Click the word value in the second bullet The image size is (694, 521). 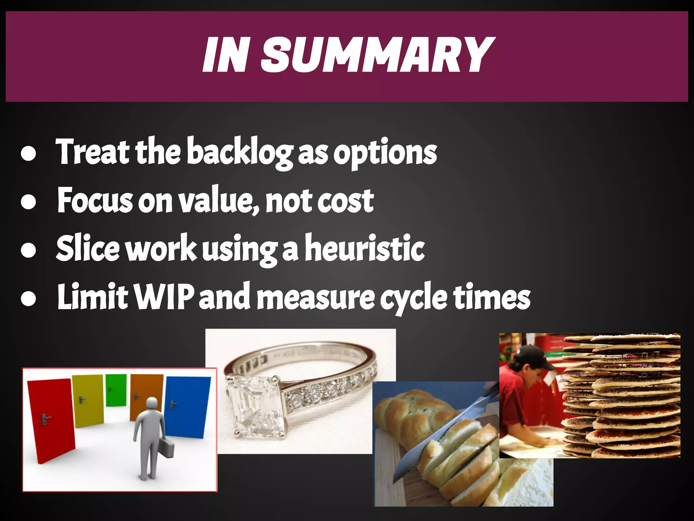pyautogui.click(x=219, y=201)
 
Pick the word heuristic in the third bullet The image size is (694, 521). pyautogui.click(x=365, y=248)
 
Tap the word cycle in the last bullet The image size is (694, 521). pyautogui.click(x=413, y=298)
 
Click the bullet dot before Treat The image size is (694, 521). pyautogui.click(x=28, y=153)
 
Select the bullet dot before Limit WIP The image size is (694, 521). pyautogui.click(x=28, y=298)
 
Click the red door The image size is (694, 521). pyautogui.click(x=51, y=421)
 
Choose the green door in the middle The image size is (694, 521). pyautogui.click(x=116, y=390)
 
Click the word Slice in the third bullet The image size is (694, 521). pyautogui.click(x=88, y=248)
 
